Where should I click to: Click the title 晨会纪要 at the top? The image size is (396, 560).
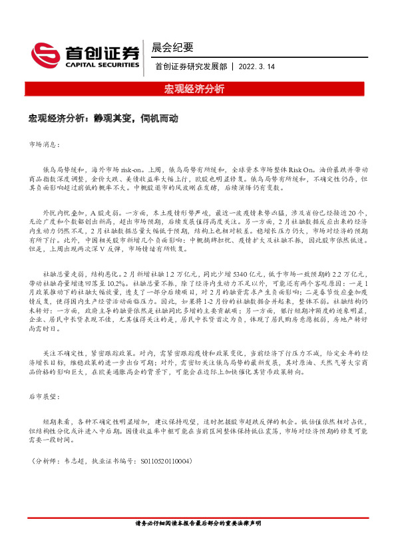pyautogui.click(x=172, y=47)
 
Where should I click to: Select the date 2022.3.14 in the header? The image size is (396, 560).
pyautogui.click(x=258, y=67)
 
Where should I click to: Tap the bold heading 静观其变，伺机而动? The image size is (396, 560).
pyautogui.click(x=141, y=118)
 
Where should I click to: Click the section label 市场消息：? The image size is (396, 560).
pyautogui.click(x=44, y=143)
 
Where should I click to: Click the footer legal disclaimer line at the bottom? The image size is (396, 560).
pyautogui.click(x=198, y=523)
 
